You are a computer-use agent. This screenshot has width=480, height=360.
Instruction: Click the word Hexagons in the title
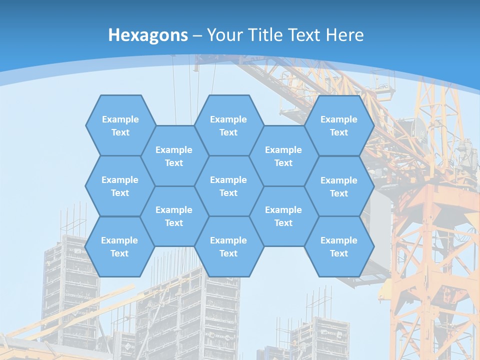[148, 35]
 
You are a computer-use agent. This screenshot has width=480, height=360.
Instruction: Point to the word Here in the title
[344, 35]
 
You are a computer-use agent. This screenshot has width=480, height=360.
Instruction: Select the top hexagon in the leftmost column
[120, 125]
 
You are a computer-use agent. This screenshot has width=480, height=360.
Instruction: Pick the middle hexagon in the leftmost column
[120, 186]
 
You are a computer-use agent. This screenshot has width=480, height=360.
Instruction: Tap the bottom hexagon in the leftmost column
[119, 246]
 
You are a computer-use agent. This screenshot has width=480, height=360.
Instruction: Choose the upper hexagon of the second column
[174, 156]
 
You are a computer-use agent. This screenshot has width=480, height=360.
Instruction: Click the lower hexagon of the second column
[174, 216]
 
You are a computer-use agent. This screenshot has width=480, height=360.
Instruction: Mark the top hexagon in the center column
[228, 125]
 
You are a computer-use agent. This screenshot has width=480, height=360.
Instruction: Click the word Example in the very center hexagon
[228, 180]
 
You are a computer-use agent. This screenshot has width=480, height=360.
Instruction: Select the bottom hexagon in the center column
[228, 246]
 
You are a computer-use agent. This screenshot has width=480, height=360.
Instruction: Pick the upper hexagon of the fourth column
[283, 156]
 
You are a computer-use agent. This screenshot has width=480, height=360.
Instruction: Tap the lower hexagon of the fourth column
[283, 216]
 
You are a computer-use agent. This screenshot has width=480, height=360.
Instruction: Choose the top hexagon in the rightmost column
[339, 125]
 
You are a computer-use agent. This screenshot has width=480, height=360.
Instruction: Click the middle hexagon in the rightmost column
[339, 186]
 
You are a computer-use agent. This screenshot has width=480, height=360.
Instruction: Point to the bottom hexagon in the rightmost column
[339, 246]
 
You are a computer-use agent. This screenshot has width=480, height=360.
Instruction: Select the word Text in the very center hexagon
[228, 193]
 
